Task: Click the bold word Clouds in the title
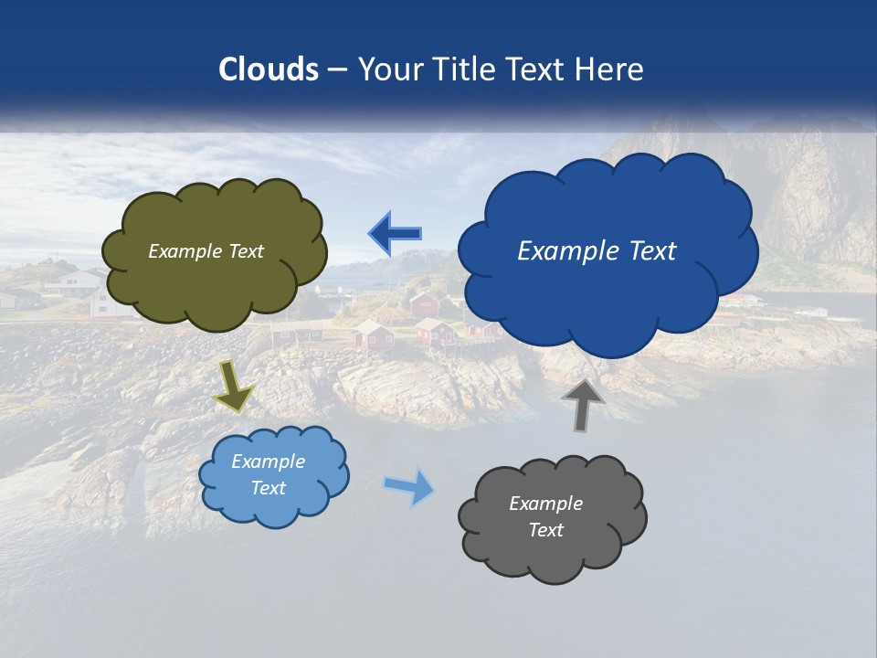(x=269, y=69)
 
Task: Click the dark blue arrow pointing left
(x=395, y=234)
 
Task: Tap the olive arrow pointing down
(x=233, y=385)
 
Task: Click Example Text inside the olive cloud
(x=206, y=251)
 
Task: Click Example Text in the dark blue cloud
(x=597, y=251)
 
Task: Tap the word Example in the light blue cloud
(x=268, y=462)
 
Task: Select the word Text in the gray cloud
(x=545, y=530)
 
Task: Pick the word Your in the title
(x=386, y=69)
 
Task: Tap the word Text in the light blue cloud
(x=268, y=488)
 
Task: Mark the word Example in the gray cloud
(x=545, y=504)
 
